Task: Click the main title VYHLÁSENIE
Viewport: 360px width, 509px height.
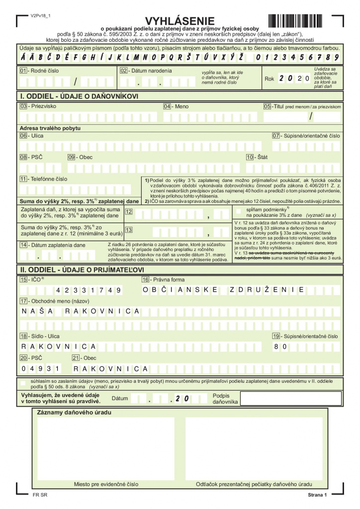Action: click(180, 20)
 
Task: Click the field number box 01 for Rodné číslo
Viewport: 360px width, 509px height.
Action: click(23, 71)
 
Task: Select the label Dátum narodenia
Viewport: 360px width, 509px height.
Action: click(152, 71)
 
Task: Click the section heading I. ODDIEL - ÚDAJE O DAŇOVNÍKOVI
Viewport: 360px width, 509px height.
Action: click(79, 96)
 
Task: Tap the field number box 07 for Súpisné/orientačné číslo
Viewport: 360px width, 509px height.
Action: click(276, 136)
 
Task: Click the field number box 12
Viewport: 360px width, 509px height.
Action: click(129, 212)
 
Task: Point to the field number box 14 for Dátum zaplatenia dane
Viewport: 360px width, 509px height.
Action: click(23, 245)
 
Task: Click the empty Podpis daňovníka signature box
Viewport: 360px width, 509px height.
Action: click(291, 399)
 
